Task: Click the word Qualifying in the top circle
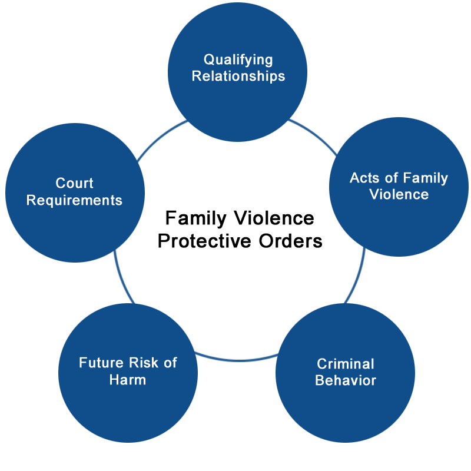(x=238, y=60)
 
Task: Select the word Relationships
(x=238, y=77)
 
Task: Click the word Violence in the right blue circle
(x=399, y=194)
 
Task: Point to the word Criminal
(x=346, y=364)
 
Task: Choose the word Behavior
(x=346, y=380)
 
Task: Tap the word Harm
(x=128, y=380)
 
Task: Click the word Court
(x=75, y=183)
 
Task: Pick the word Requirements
(x=74, y=200)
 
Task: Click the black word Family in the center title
(x=196, y=218)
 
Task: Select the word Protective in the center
(x=204, y=241)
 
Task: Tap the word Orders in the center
(x=290, y=241)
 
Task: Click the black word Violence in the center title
(x=274, y=218)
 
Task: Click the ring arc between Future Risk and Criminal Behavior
(x=237, y=360)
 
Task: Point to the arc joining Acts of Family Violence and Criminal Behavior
(x=357, y=276)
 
